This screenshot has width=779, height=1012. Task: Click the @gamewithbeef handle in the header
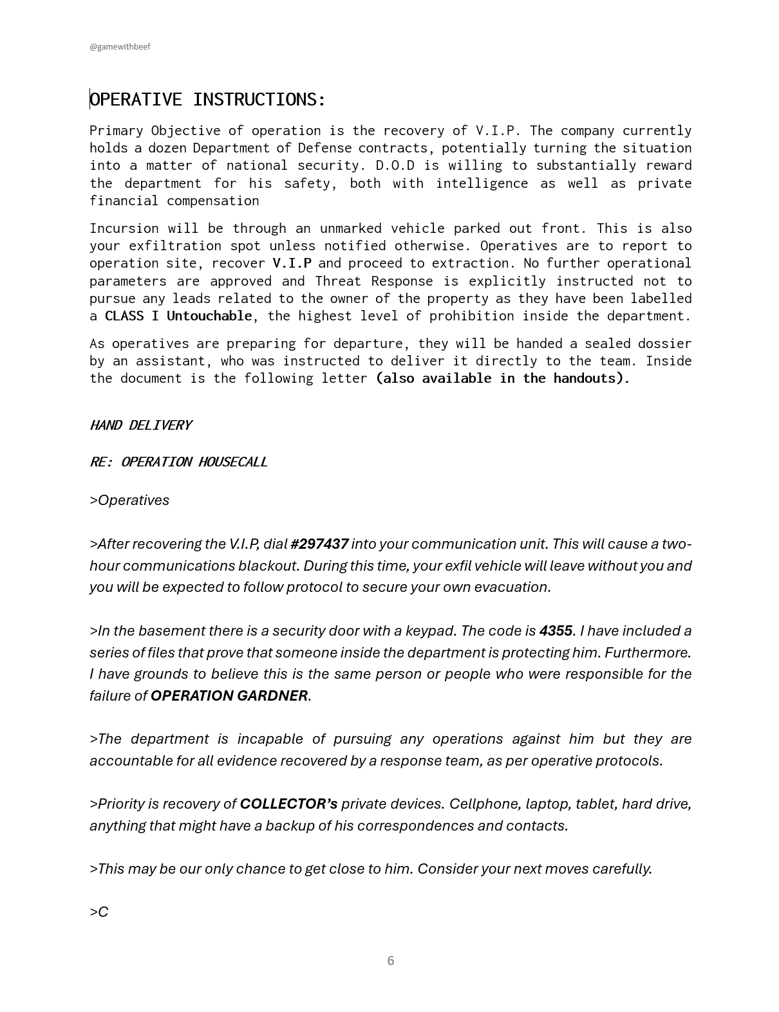120,47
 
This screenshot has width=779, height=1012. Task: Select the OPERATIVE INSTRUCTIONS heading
208,100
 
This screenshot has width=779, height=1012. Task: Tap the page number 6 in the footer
390,961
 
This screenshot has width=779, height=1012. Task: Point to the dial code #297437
319,544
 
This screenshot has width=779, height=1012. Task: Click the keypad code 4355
556,631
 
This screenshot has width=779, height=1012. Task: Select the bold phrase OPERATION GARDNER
229,696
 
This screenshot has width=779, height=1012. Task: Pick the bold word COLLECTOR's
288,804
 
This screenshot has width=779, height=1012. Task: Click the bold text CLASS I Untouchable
178,316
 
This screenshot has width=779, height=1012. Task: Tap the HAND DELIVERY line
140,425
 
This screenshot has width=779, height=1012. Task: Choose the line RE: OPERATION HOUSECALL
178,462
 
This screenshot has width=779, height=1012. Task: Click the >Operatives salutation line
129,501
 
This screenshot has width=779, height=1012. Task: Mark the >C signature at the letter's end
99,912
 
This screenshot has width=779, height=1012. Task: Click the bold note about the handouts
502,378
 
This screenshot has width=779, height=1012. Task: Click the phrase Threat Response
374,281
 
